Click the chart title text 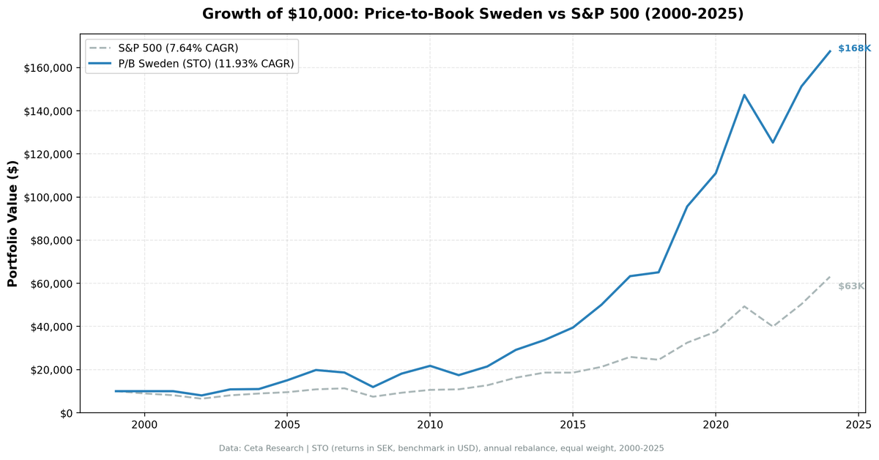coord(472,14)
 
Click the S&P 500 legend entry coord(178,48)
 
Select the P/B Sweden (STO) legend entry coord(206,64)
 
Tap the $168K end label coord(854,48)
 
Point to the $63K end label coord(851,286)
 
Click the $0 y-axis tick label coord(66,413)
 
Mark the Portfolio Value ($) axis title coord(12,223)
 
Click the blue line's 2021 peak coord(744,94)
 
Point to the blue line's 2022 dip coord(772,142)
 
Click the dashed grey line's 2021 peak coord(744,306)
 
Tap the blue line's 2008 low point coord(373,387)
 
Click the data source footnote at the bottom coord(441,448)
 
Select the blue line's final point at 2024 coord(830,51)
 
